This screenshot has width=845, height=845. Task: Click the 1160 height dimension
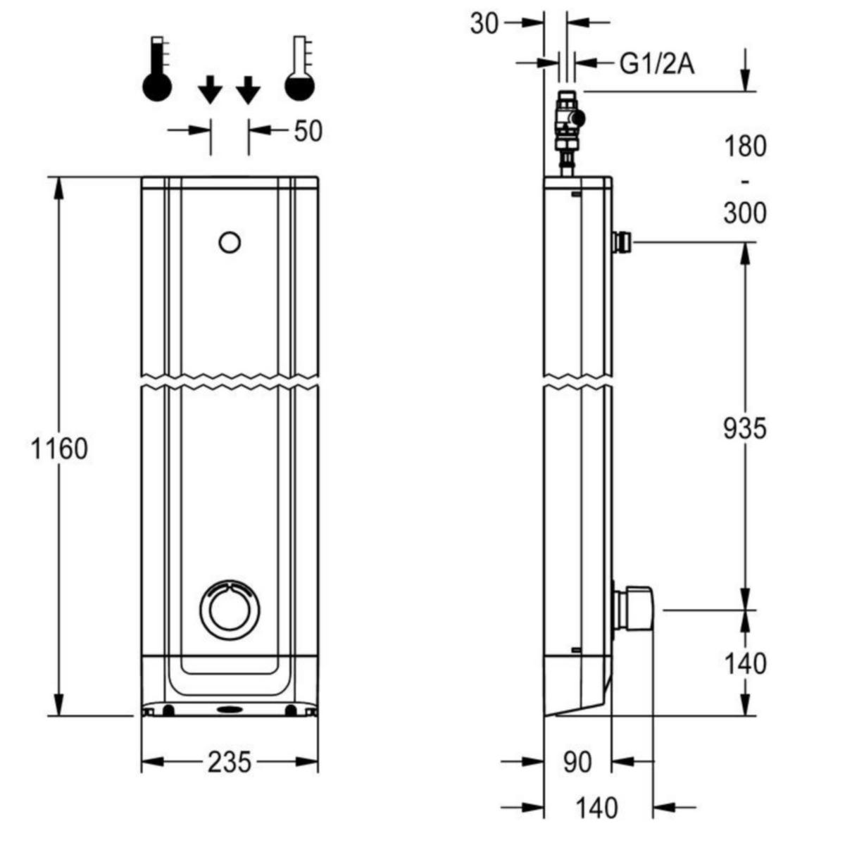[x=60, y=449]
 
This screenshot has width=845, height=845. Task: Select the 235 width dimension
[x=230, y=762]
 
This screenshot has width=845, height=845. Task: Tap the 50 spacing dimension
[x=308, y=131]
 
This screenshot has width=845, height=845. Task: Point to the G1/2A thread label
[x=656, y=64]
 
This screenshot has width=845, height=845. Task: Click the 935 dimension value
[x=744, y=428]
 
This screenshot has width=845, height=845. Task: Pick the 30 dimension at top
[x=484, y=23]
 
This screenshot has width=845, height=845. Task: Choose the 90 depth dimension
[x=577, y=762]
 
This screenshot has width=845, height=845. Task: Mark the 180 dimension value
[x=745, y=146]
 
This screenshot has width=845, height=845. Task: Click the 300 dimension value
[x=745, y=212]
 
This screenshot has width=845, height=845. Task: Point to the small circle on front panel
[x=230, y=243]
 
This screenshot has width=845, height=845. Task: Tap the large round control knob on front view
[x=230, y=611]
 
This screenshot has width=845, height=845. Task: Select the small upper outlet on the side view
[x=622, y=242]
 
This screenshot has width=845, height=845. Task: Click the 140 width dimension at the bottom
[x=596, y=808]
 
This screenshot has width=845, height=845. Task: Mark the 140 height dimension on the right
[x=745, y=663]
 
